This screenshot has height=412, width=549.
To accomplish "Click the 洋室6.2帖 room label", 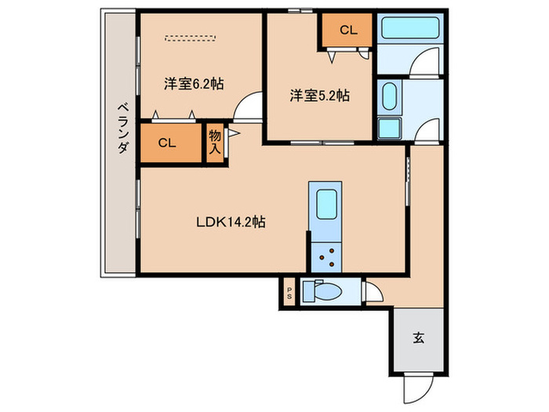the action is pos(194,84).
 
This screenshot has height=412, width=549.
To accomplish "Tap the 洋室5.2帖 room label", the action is pos(319,95).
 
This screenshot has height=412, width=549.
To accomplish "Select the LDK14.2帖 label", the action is pos(231,222).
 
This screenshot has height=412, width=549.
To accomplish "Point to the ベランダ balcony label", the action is pos(122,128).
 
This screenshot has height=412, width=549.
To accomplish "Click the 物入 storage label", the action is pos(215,142).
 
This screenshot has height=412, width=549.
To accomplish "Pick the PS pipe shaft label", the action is pos(289,294).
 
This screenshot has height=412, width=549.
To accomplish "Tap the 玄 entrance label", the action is pos(418,338).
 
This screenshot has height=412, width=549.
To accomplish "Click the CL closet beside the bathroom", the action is pos(348,31).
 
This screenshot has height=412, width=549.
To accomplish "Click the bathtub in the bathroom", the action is pos(410,27).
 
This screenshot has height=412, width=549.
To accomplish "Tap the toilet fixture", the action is pos(322,290).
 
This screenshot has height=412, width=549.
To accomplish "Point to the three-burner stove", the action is pos(325,257).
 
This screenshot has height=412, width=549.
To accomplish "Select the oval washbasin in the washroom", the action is pos(389,97).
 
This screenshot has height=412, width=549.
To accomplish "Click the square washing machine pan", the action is pos(389,128).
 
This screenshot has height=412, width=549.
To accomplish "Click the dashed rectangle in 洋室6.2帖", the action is pos(190,38).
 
